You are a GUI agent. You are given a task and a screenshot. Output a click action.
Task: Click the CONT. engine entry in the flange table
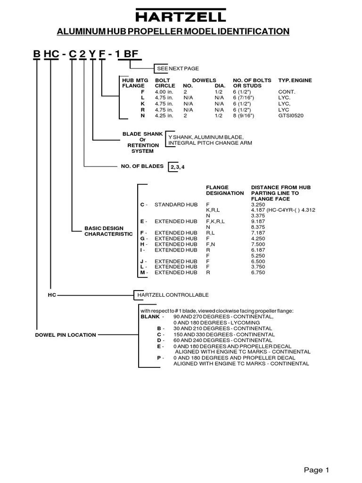pyautogui.click(x=287, y=92)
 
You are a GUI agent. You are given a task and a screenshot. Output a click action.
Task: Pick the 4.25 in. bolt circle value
pyautogui.click(x=165, y=115)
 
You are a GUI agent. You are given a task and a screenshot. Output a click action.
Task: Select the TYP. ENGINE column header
pyautogui.click(x=295, y=81)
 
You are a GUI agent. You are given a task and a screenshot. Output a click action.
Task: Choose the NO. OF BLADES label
pyautogui.click(x=142, y=166)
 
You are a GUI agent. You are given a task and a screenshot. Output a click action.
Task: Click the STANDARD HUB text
pyautogui.click(x=176, y=205)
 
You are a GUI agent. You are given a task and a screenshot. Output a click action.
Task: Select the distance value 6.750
pyautogui.click(x=258, y=272)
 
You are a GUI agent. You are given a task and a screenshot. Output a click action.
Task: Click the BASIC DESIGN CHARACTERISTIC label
pyautogui.click(x=108, y=231)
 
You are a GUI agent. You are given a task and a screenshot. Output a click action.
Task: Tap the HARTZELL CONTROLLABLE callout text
pyautogui.click(x=173, y=295)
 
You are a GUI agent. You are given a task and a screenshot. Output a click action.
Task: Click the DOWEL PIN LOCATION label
pyautogui.click(x=66, y=335)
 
